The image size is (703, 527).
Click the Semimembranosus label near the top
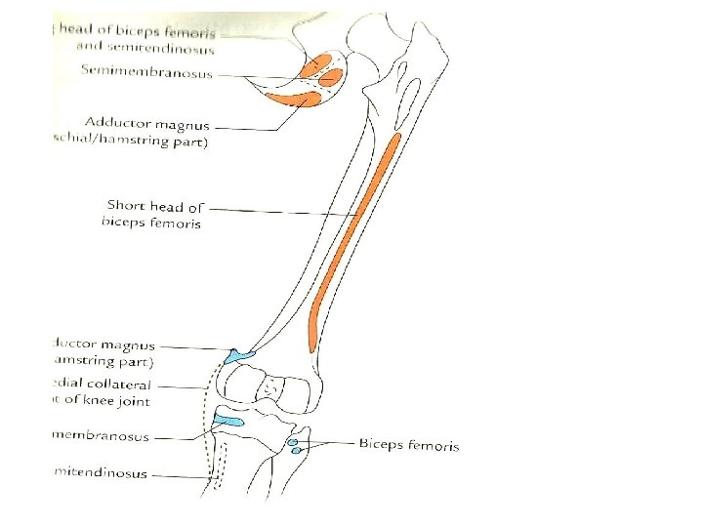tap(147, 70)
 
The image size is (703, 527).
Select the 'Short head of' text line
tap(155, 206)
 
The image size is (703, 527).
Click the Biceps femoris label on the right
tap(408, 445)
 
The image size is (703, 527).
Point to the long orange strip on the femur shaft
tap(353, 234)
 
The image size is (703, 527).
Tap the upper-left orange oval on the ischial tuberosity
tap(315, 68)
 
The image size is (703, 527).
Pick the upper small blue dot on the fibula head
tap(294, 442)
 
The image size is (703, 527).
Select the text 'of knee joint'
tap(104, 400)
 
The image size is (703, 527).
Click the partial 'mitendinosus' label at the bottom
tap(100, 473)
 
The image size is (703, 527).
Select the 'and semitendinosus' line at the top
tap(145, 48)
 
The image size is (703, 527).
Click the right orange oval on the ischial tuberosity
tap(333, 75)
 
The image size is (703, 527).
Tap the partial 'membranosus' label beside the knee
tap(102, 436)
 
